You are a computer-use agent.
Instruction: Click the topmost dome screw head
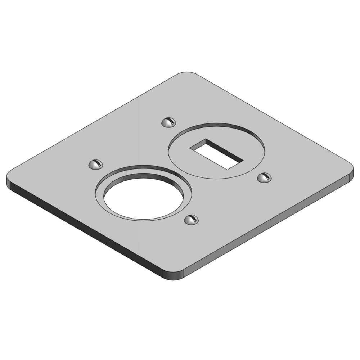pyautogui.click(x=168, y=122)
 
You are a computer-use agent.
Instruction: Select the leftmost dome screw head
pyautogui.click(x=95, y=165)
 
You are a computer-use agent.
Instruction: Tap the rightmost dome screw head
pyautogui.click(x=264, y=177)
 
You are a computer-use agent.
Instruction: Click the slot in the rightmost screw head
pyautogui.click(x=267, y=176)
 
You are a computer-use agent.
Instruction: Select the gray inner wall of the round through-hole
pyautogui.click(x=144, y=179)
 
